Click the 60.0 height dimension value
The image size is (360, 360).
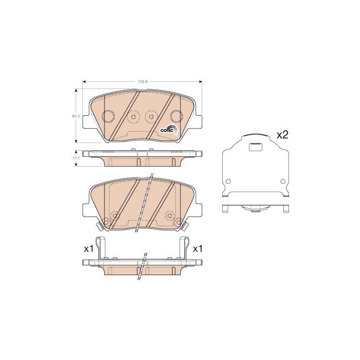pos(76,116)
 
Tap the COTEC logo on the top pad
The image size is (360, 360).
pos(169,130)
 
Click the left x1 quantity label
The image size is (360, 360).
pos(88,249)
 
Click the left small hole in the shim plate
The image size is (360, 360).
pos(227,181)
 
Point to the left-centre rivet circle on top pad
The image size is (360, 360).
pos(133,117)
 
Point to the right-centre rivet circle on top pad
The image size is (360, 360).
pos(151,116)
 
